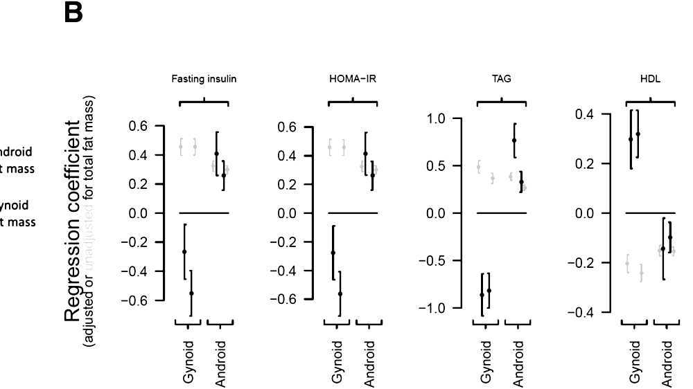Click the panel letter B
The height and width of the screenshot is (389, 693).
coord(73,13)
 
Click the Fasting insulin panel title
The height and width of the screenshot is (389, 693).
coord(204,79)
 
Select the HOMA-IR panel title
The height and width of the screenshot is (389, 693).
coord(353,79)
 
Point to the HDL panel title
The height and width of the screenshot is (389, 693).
coord(650,79)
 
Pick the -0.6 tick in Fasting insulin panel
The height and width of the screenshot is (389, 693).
coord(141,300)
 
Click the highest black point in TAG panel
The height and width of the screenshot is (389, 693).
coord(514,140)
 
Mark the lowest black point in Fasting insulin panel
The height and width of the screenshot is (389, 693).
coord(191,293)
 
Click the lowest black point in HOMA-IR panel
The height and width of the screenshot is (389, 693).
coord(340,294)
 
